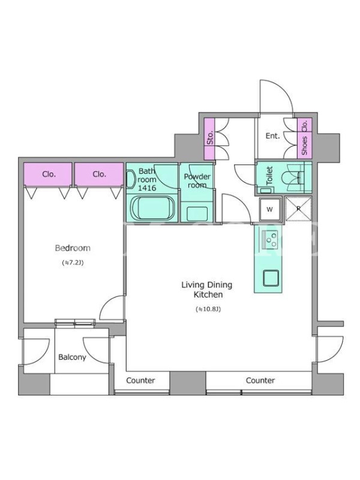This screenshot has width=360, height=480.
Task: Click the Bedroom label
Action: pos(73,248)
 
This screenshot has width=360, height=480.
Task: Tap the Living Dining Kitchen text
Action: pos(207,290)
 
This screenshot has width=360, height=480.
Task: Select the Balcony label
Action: pos(72,357)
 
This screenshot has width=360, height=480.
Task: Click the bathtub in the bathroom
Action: pos(153,208)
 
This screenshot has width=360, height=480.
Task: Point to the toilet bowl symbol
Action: pos(291,178)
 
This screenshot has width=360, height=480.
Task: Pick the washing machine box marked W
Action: pos(269,209)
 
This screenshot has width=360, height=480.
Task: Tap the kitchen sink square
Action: pos(271,278)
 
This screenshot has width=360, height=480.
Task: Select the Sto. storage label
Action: pos(209,139)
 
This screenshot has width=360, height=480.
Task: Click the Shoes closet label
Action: pos(305,145)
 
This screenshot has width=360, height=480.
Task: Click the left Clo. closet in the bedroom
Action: pos(49,174)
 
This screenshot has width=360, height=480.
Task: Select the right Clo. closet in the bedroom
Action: pos(99,174)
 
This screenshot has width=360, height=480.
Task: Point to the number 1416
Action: pos(147,188)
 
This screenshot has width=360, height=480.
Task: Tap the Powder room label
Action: pos(197,181)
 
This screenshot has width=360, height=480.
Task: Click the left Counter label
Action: pos(140,380)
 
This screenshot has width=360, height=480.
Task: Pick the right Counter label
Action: pos(260,380)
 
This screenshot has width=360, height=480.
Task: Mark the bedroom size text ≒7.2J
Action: pos(73,263)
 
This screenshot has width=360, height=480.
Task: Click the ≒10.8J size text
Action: pos(208,309)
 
